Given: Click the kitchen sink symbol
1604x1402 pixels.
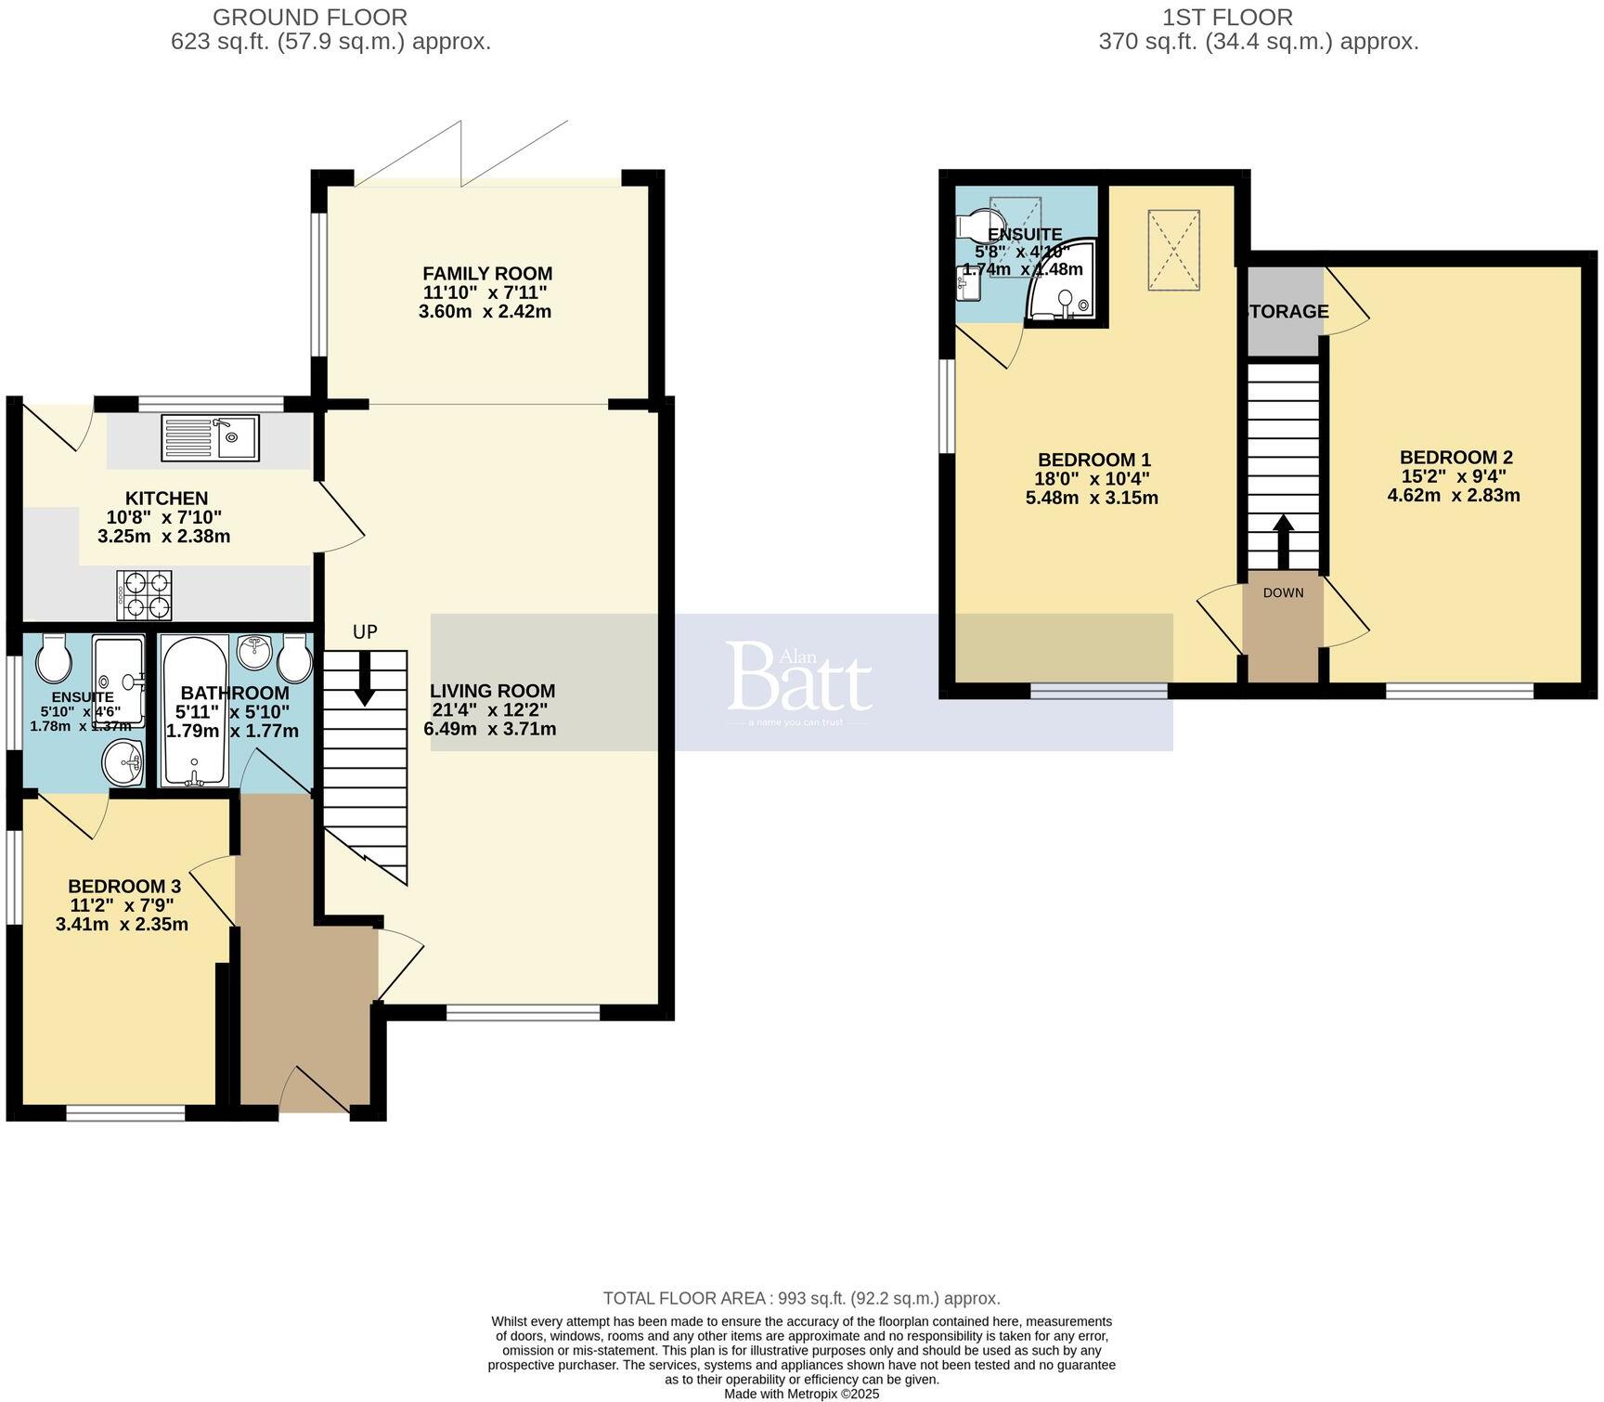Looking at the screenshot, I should [x=210, y=437].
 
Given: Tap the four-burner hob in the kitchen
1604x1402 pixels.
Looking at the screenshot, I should [x=144, y=595].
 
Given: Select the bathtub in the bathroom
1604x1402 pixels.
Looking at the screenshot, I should [x=195, y=710].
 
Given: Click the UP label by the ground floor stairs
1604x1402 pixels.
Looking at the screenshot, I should [x=365, y=632].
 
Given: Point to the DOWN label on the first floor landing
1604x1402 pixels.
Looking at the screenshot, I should [x=1283, y=592].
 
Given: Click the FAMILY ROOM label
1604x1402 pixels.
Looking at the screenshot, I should [x=487, y=274].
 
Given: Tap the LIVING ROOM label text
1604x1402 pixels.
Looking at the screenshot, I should [x=492, y=691].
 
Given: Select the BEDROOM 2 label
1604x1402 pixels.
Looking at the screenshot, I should [x=1455, y=458].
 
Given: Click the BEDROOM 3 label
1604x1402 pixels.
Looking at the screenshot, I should [x=123, y=886].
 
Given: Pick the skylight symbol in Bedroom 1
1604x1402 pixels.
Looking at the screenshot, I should [x=1173, y=251].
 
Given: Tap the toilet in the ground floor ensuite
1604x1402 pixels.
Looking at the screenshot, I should [x=53, y=660].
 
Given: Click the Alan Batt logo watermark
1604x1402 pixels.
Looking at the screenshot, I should [x=799, y=682].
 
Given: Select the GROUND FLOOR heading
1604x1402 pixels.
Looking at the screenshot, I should [x=309, y=17].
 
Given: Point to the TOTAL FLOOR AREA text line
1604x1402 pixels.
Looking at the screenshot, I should [x=801, y=1298].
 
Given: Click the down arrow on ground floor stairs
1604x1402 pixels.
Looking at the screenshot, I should [x=365, y=678].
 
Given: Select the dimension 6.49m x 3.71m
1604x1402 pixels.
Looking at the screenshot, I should [x=490, y=729].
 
